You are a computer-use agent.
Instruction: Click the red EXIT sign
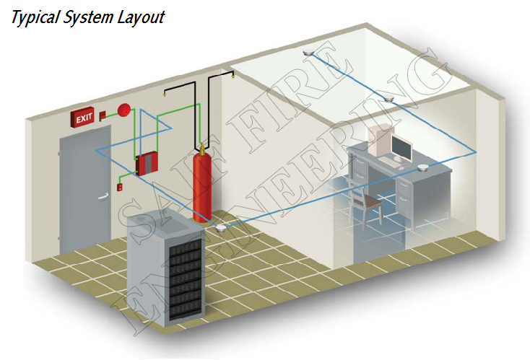click(x=82, y=117)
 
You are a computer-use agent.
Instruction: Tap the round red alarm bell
click(x=124, y=110)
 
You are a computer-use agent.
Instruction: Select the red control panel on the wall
click(x=147, y=164)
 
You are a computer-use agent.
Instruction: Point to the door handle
click(x=106, y=184)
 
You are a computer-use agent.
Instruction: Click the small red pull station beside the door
click(x=120, y=187)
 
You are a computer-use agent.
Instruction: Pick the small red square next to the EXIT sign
click(x=103, y=115)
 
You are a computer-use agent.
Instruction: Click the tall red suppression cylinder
click(x=205, y=181)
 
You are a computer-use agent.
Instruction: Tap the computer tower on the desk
click(x=378, y=143)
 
